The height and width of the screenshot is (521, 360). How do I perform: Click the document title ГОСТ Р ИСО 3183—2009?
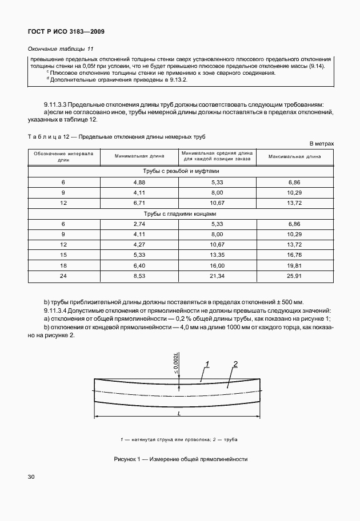tap(66, 31)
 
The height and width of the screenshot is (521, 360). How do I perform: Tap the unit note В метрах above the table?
tap(321, 144)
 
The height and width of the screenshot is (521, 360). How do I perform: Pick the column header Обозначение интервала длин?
tap(63, 157)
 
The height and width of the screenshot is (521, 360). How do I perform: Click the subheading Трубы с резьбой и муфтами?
tap(181, 171)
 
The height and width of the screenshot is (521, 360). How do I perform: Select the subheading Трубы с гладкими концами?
tap(181, 214)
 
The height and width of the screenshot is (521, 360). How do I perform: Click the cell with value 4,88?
tap(140, 181)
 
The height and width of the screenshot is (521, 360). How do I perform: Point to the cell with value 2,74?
tap(140, 225)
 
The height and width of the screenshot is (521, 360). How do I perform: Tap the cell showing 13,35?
tap(217, 255)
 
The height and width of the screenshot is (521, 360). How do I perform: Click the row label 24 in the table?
tap(63, 277)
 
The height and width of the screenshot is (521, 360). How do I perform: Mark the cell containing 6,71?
tap(140, 203)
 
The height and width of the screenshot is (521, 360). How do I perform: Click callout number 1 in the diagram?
tap(208, 364)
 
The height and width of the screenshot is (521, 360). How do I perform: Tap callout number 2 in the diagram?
tap(235, 364)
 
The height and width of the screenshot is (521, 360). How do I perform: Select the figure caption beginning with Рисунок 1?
tap(180, 459)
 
